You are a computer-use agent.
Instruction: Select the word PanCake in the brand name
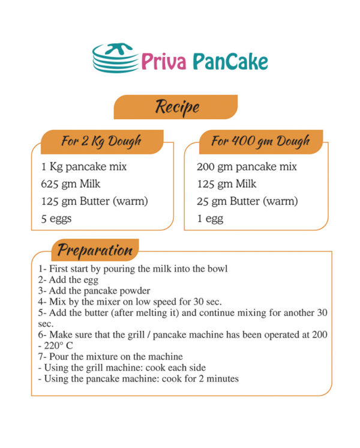[230, 61]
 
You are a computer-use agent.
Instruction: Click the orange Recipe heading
[176, 107]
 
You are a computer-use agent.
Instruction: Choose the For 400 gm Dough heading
[260, 142]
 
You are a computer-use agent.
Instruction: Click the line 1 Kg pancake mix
[83, 167]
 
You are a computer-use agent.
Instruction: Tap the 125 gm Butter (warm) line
[94, 201]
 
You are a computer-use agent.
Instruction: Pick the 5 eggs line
[56, 219]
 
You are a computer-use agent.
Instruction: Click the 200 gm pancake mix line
[247, 167]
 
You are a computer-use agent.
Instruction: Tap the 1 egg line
[210, 219]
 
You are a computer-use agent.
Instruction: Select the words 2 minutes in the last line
[218, 378]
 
